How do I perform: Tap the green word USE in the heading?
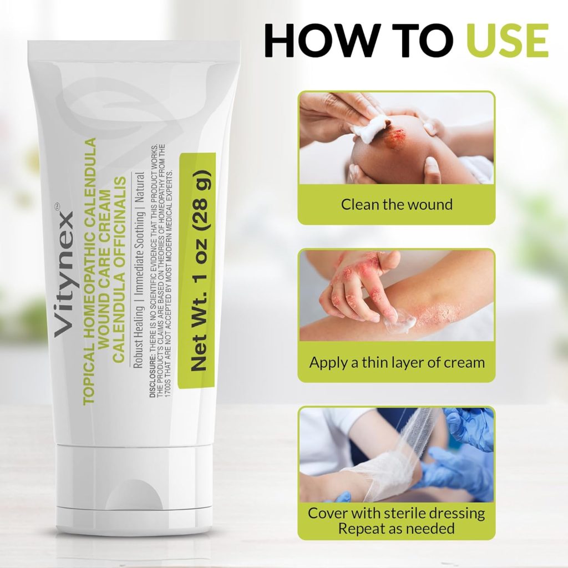(507, 40)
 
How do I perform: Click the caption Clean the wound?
(397, 204)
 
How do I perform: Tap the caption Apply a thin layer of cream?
(397, 362)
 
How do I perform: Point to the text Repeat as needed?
(396, 529)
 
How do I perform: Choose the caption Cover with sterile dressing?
(396, 513)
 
